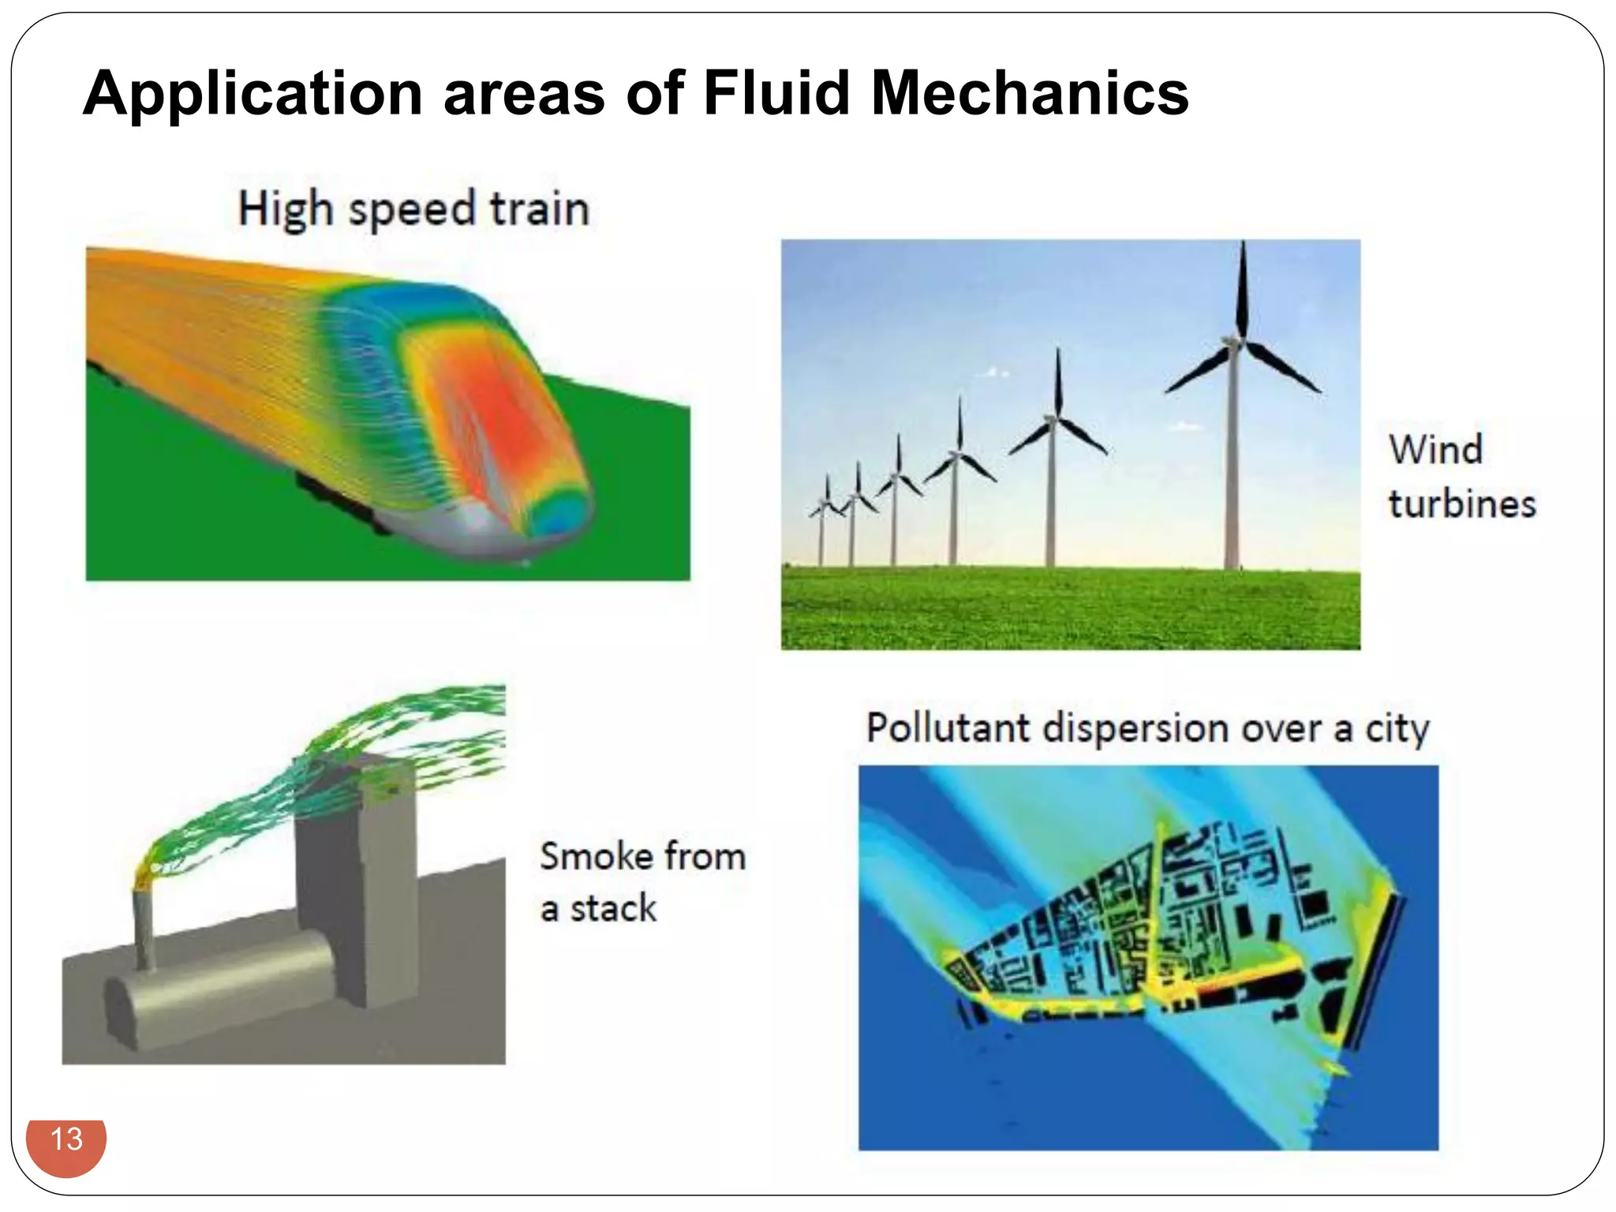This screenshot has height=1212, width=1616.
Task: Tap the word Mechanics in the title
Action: [1029, 93]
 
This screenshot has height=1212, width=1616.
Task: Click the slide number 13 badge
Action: [66, 1141]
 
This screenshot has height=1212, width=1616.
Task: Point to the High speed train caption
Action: [413, 209]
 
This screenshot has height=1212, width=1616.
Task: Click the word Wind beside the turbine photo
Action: [1436, 450]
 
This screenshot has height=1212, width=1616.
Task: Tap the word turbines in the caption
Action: [1462, 503]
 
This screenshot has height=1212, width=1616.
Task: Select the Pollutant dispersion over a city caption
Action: [1147, 728]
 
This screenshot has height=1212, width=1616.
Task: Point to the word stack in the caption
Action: [613, 909]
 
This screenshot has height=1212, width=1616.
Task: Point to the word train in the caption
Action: [540, 209]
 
